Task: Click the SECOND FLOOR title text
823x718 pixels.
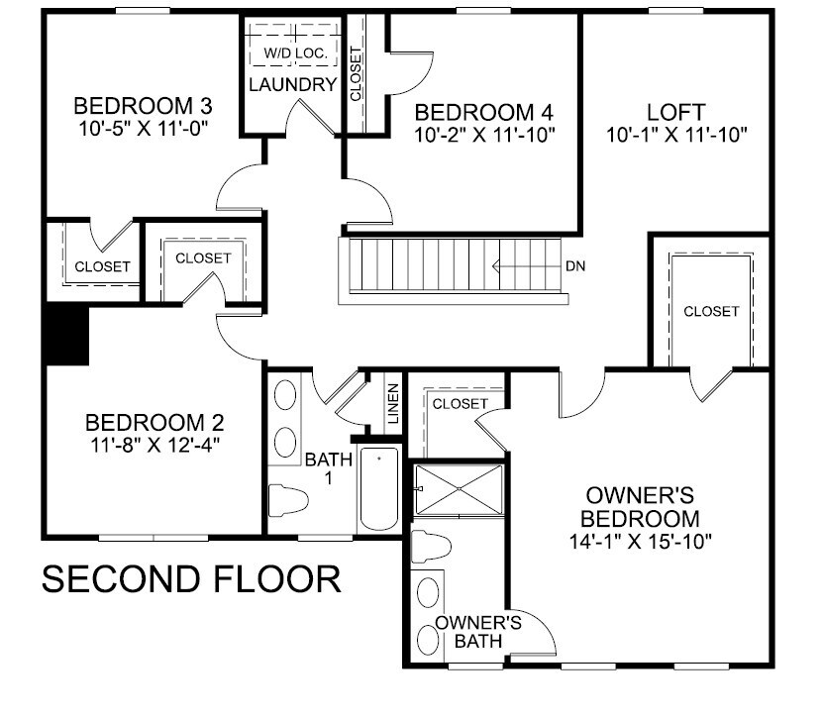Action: point(191,580)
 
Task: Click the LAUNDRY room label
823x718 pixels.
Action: point(293,84)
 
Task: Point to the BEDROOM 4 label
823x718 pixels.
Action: point(483,110)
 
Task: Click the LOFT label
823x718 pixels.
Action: point(676,110)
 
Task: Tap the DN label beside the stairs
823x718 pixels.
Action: point(575,266)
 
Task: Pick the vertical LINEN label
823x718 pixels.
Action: point(393,404)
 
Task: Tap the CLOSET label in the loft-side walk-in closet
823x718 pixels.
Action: point(711,311)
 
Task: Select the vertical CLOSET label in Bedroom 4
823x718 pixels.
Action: point(356,74)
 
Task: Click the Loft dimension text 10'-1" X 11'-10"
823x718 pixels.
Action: point(676,132)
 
